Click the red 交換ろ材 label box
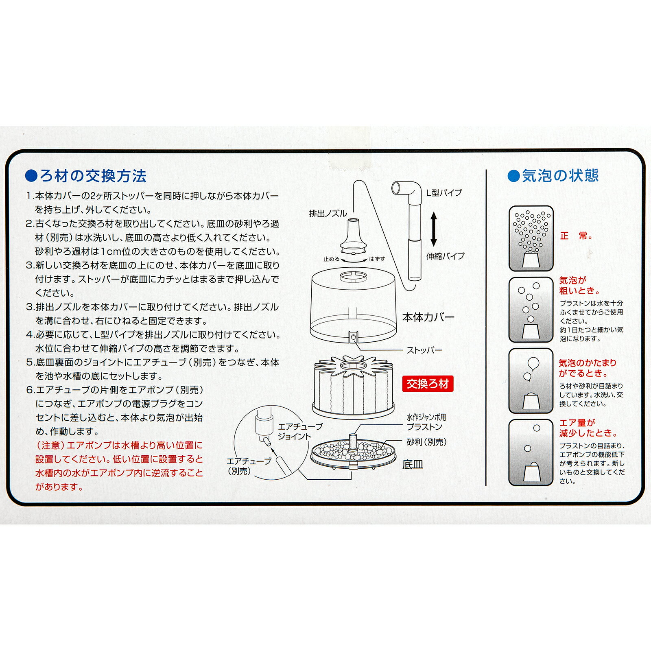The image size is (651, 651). pos(428,384)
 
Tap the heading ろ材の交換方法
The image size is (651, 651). pos(93,176)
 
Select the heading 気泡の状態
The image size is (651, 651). pos(560,176)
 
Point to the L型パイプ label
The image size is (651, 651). pos(444,193)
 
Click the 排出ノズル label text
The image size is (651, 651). pos(328,214)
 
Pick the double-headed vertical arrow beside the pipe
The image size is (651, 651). pos(434,229)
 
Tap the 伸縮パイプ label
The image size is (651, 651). pos(445,256)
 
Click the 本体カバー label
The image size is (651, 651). pos(428,317)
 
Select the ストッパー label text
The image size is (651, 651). pos(424,350)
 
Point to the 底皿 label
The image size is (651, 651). pos(413,465)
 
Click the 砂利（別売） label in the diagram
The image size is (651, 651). pos(427,442)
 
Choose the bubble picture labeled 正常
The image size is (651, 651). pos(531,238)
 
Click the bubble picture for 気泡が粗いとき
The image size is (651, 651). pos(531,310)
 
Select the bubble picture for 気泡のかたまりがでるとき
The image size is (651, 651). pos(531,381)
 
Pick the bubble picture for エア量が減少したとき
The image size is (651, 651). pos(531,452)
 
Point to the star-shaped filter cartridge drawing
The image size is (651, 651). pos(354,387)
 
